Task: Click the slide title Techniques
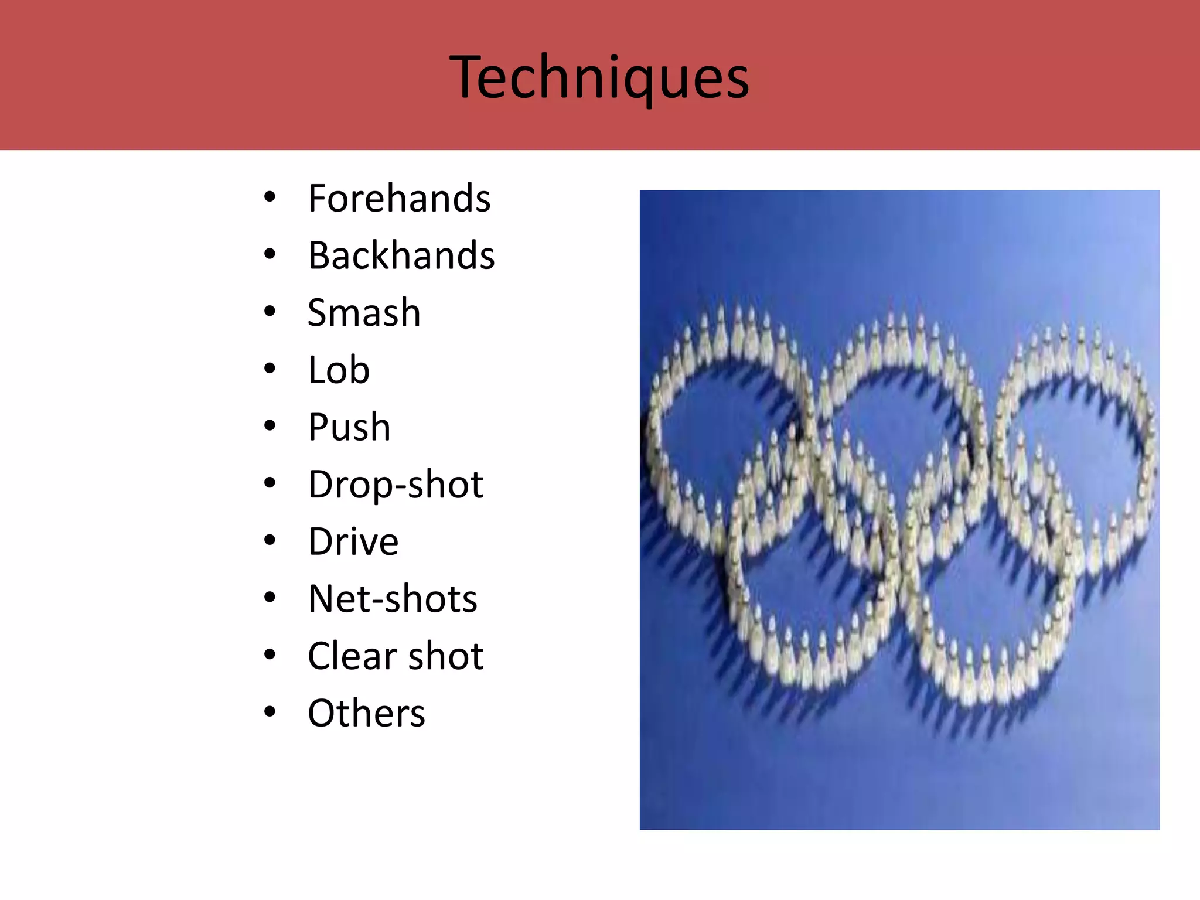(599, 77)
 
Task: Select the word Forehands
(399, 199)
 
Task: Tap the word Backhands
(401, 255)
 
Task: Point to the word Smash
(364, 313)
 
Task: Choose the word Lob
(339, 370)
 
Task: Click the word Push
(349, 427)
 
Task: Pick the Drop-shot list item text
(396, 485)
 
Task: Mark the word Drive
(353, 541)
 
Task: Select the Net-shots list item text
(393, 599)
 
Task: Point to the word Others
(366, 713)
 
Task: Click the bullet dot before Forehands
(270, 197)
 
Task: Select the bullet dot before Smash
(270, 312)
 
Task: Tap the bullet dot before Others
(270, 712)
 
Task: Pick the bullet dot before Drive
(270, 540)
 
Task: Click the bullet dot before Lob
(270, 369)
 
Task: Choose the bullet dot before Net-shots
(270, 598)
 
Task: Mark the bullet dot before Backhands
(270, 254)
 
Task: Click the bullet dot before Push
(270, 426)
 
